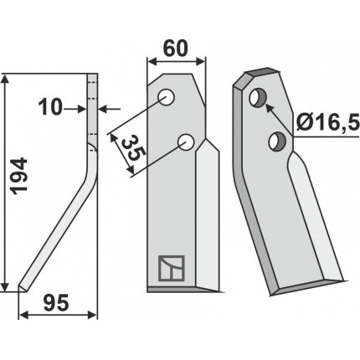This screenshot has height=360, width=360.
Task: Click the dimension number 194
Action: point(19,176)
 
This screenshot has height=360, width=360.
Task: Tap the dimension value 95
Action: point(56,304)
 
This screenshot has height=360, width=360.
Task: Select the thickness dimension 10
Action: point(50,108)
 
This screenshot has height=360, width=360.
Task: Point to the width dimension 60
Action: point(176,49)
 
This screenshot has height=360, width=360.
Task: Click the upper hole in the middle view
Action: point(167,97)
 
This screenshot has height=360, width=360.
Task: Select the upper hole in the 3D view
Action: point(258,98)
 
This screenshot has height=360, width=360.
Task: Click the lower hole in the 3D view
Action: point(277,141)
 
